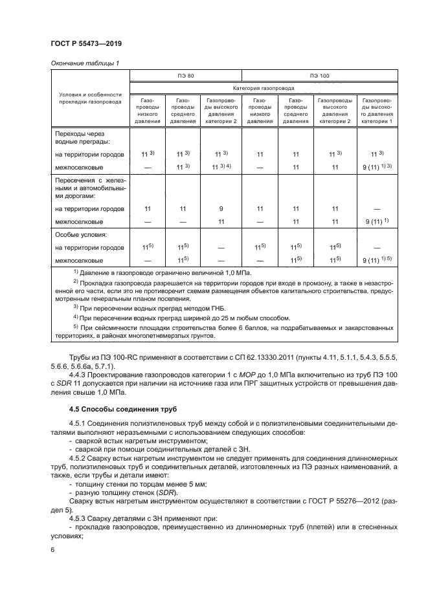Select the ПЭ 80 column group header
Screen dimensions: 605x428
[x=186, y=75]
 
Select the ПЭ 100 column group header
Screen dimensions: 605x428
[x=320, y=75]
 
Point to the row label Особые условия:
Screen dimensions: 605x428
[x=80, y=235]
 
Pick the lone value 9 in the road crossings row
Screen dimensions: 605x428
[x=221, y=209]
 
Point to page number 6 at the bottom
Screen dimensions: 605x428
[x=52, y=549]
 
